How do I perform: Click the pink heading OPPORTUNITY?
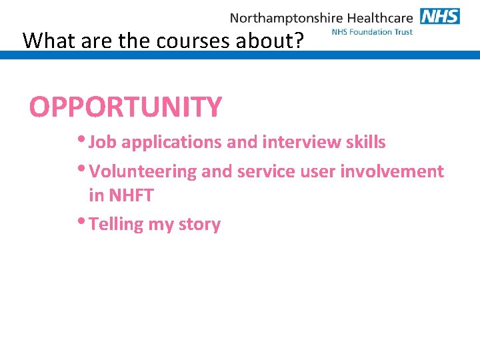tap(125, 107)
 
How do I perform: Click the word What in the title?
tap(49, 41)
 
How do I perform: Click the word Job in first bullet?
tap(103, 142)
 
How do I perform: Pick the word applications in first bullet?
tap(171, 142)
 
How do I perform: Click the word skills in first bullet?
tap(364, 142)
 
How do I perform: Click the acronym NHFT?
tap(131, 195)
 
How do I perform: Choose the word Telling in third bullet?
tap(116, 224)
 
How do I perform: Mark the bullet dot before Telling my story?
tap(82, 221)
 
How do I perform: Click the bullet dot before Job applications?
tap(82, 139)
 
